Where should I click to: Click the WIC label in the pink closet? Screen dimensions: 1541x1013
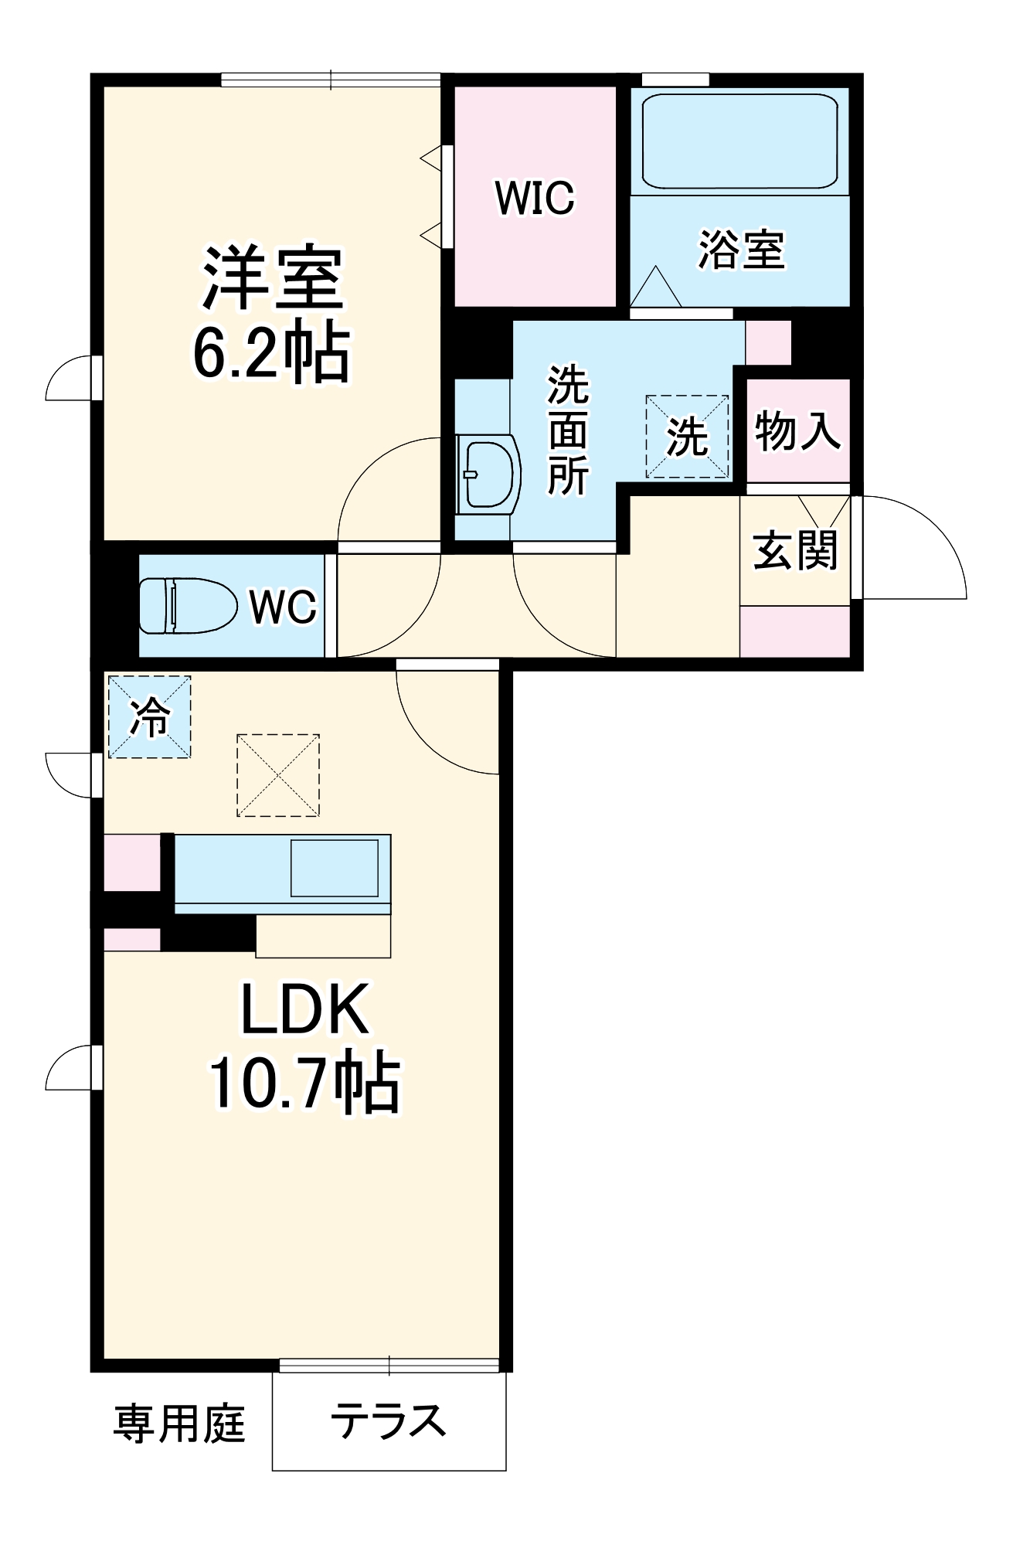[535, 198]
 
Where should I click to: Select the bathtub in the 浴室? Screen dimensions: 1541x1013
[739, 141]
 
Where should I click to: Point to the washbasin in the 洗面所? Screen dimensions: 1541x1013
[487, 475]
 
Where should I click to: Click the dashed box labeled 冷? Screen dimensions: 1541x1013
[149, 717]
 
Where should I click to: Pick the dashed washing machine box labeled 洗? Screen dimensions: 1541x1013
[687, 437]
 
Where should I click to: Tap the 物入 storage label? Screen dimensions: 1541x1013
[797, 430]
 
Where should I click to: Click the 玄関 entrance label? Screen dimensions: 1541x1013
[795, 550]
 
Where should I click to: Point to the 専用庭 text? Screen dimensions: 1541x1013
[179, 1423]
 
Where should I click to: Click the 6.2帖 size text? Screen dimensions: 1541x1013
[272, 353]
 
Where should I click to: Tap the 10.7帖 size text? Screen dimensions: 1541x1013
[305, 1082]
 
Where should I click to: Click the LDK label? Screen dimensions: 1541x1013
[304, 1009]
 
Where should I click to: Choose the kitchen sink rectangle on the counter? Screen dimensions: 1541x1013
[334, 868]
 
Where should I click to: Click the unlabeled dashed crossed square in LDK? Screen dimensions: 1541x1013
[278, 775]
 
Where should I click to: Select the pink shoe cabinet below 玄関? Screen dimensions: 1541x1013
[794, 631]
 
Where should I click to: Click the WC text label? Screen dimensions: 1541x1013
[283, 606]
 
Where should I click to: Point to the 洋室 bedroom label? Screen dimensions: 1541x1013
[272, 278]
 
